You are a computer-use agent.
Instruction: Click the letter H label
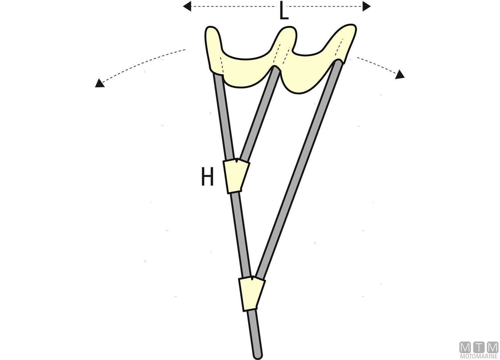[207, 177]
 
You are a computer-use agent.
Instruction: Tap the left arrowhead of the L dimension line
[187, 6]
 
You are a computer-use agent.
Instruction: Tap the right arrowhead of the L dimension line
[366, 6]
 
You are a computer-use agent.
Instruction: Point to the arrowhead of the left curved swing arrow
[99, 83]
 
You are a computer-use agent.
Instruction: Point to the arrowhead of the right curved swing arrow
[400, 75]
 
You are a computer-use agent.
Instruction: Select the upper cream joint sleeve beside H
[236, 176]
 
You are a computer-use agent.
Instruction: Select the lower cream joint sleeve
[252, 294]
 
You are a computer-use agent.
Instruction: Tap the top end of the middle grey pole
[275, 69]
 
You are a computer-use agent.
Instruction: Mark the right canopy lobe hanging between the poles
[307, 76]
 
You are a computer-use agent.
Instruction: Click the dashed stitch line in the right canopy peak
[339, 47]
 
